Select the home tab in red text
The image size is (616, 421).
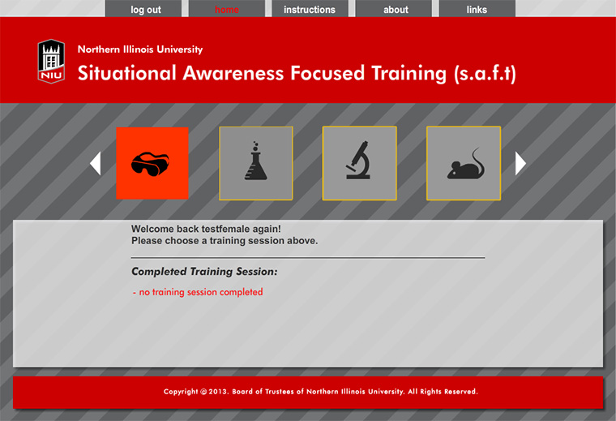point(227,9)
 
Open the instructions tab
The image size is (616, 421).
point(310,9)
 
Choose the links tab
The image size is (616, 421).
point(477,9)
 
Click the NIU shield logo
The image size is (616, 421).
point(51,62)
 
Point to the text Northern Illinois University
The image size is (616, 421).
point(140,49)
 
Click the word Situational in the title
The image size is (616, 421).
point(127,74)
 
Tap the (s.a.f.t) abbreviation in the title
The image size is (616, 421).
point(485,74)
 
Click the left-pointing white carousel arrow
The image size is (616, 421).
point(96,163)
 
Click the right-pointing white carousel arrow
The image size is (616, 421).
point(520,163)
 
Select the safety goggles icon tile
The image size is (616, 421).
point(152,163)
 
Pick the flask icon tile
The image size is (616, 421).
point(256,163)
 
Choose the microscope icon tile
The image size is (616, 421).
point(359,163)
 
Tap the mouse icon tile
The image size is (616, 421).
point(464,163)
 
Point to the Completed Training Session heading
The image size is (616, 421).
point(204,272)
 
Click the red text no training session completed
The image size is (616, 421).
point(201,292)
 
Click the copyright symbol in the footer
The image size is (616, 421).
point(203,392)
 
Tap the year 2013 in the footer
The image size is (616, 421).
point(217,392)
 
